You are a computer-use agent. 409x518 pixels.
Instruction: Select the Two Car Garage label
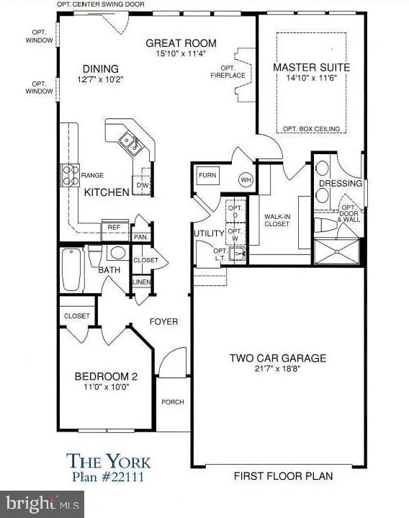pos(278,358)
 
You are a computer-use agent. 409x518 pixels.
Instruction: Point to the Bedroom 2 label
pos(106,376)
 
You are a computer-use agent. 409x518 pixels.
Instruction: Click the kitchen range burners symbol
pos(70,174)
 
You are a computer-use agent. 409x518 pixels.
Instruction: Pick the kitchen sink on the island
pos(131,143)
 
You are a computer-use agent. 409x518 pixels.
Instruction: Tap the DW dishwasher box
pos(141,184)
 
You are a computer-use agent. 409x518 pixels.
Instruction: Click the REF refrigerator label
pos(114,227)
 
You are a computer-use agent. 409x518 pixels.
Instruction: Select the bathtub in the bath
pos(73,269)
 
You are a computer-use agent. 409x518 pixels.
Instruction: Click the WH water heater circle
pos(246,179)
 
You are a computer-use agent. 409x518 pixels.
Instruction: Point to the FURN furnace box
pos(207,175)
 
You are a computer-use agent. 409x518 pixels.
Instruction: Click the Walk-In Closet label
pos(277,220)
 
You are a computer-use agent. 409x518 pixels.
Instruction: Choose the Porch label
pos(172,402)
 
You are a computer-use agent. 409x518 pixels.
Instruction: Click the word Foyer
pos(163,321)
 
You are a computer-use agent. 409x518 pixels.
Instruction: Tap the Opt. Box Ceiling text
pos(311,129)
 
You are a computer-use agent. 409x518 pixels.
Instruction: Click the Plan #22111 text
pos(104,476)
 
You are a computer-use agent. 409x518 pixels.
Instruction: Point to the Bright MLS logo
pos(42,503)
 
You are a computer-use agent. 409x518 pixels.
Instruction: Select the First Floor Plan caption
pos(283,476)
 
